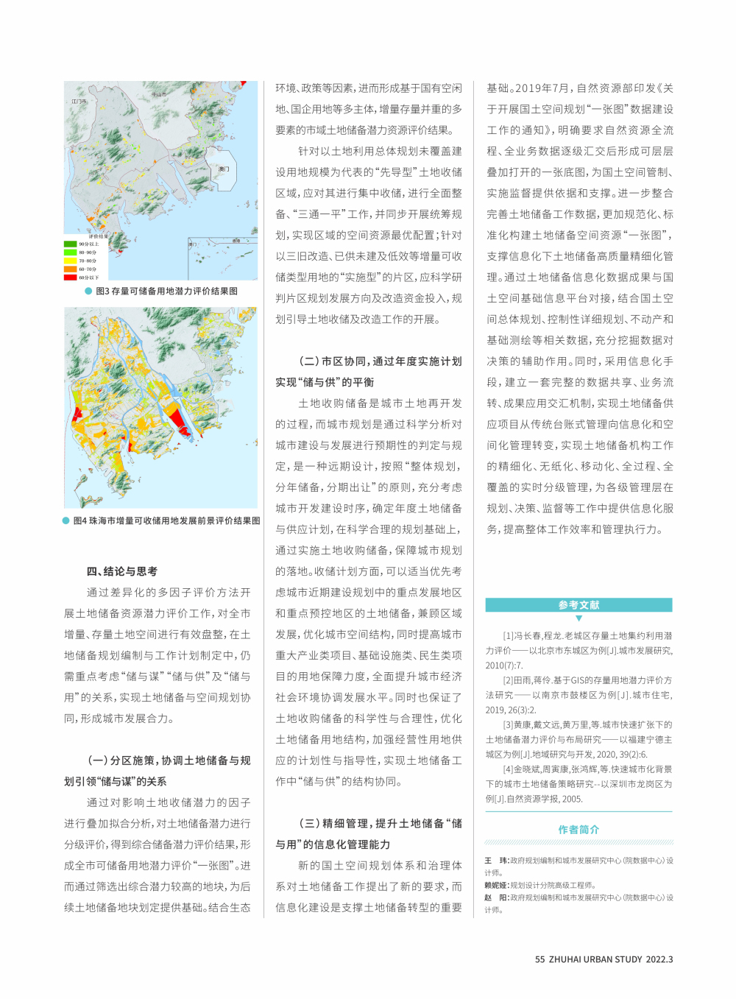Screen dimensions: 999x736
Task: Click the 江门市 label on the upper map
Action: point(79,102)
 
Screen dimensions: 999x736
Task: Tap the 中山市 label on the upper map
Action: point(158,94)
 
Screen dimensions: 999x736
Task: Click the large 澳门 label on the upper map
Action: point(224,169)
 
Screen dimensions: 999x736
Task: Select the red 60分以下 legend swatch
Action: point(71,278)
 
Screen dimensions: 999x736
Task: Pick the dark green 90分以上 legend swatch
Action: point(71,244)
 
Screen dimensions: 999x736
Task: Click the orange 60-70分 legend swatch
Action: point(71,269)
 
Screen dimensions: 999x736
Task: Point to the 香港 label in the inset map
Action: point(236,241)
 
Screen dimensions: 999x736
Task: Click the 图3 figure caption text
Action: point(166,292)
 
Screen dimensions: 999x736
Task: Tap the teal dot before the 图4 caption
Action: point(66,520)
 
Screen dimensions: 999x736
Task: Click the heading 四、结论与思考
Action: point(122,571)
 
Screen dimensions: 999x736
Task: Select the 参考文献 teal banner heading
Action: point(578,605)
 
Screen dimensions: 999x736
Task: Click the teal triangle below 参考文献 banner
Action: point(578,618)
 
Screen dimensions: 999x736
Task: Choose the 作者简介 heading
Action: point(578,830)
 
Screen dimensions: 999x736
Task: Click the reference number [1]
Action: point(508,636)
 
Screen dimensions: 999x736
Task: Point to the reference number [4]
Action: point(508,769)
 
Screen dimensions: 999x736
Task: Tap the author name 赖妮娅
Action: point(495,886)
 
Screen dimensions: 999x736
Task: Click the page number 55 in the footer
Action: point(539,959)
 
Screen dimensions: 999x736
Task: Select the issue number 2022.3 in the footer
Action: point(659,959)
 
